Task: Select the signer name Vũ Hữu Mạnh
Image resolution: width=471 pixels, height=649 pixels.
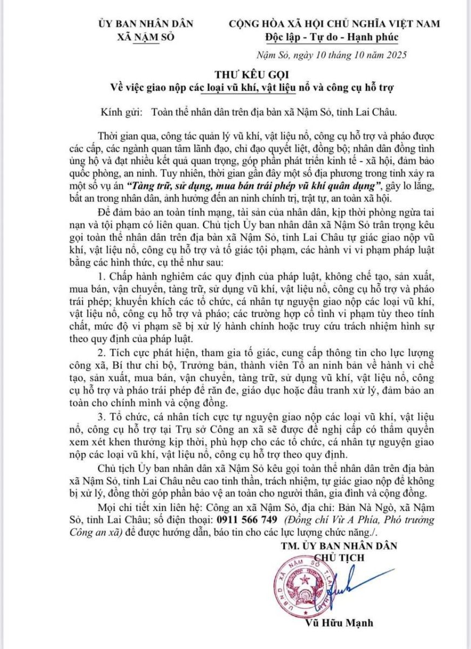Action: tap(339, 623)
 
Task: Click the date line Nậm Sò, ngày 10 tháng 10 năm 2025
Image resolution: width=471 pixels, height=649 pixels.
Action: tap(331, 55)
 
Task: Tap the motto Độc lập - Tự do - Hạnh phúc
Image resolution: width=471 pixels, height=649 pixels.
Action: tap(331, 37)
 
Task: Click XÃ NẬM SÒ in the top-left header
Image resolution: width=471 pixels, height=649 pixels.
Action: tap(146, 37)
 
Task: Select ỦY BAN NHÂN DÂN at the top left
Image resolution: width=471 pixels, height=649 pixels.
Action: tap(146, 24)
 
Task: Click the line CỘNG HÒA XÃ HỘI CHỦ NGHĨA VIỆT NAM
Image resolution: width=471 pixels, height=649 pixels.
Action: tap(334, 24)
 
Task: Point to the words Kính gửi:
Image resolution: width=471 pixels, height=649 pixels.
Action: tap(120, 112)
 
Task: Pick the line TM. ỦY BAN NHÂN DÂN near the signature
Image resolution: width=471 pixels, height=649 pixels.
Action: tap(339, 545)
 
